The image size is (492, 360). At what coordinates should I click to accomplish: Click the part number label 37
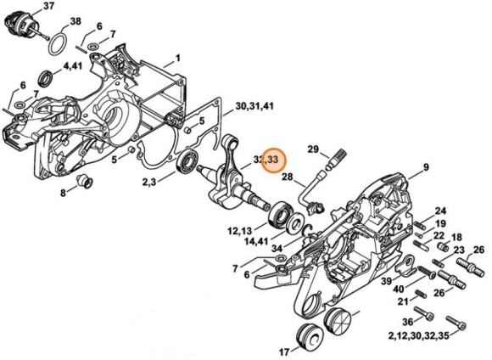48,6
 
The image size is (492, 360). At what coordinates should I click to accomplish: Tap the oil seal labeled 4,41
46,79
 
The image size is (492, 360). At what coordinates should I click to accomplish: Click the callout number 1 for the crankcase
177,59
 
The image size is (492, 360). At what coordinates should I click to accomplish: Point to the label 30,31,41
254,106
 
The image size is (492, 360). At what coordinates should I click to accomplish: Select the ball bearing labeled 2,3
187,161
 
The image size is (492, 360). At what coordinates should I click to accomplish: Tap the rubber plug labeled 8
85,181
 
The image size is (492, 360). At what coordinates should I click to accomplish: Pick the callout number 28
287,177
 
